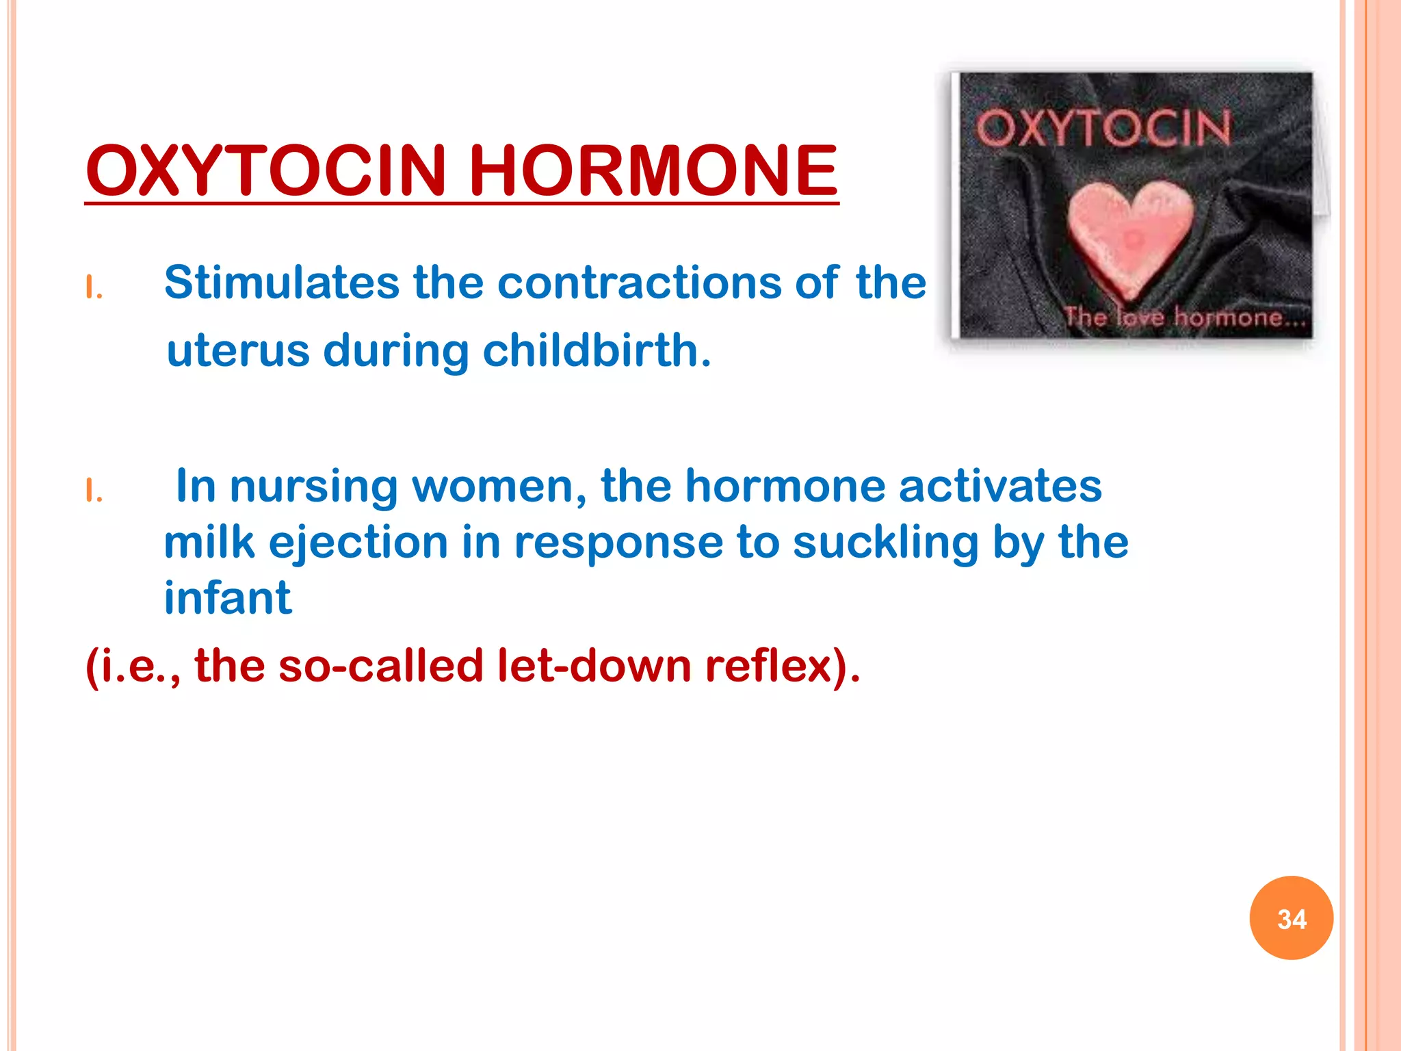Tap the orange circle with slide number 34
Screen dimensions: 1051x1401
pyautogui.click(x=1291, y=918)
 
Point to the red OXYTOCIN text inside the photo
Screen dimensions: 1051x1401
pyautogui.click(x=1103, y=129)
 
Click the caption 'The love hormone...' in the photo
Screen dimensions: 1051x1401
pyautogui.click(x=1186, y=317)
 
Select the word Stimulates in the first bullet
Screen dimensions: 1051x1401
pyautogui.click(x=281, y=282)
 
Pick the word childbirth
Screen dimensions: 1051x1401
pyautogui.click(x=597, y=350)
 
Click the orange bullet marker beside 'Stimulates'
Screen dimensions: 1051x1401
pyautogui.click(x=94, y=288)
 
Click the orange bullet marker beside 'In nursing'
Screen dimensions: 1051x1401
pyautogui.click(x=94, y=491)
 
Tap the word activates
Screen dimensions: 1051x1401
pyautogui.click(x=999, y=486)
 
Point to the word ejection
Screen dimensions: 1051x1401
pyautogui.click(x=358, y=543)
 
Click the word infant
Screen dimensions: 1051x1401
pyautogui.click(x=228, y=598)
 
